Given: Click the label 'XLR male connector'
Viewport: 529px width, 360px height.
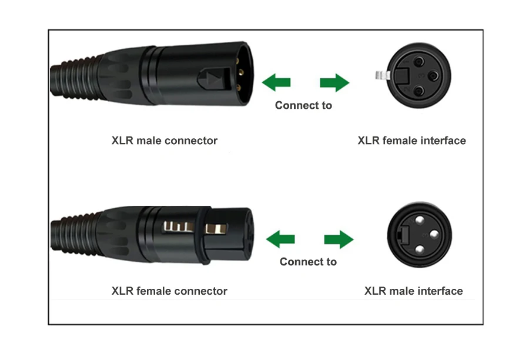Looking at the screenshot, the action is point(165,140).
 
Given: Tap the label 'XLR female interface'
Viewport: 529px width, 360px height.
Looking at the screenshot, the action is point(411,140).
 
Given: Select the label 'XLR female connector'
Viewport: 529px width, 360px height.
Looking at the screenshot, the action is point(169,291).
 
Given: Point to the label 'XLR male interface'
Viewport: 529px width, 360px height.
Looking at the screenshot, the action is point(414,291).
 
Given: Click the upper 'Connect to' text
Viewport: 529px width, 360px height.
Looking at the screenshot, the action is point(304,105).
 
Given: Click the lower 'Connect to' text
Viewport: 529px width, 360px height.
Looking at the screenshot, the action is point(308,262).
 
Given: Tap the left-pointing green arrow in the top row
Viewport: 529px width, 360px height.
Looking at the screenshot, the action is point(276,82).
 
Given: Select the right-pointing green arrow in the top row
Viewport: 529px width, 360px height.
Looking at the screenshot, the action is point(334,82).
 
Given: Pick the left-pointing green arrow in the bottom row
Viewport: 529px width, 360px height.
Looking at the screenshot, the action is point(280,239).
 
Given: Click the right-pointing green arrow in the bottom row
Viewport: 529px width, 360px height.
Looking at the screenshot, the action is point(339,239).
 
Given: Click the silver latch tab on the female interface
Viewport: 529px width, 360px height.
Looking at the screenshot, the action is point(382,75).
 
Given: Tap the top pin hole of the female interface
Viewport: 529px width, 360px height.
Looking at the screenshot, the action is point(419,62).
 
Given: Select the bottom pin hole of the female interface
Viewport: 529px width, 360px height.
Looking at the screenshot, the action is point(418,91).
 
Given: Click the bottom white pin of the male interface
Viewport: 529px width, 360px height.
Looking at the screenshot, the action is point(420,249).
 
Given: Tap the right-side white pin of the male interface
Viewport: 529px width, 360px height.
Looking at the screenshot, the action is point(434,234).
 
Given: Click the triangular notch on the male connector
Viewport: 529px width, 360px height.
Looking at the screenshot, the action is point(212,80).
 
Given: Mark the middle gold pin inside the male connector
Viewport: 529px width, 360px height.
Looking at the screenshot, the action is point(240,71).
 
